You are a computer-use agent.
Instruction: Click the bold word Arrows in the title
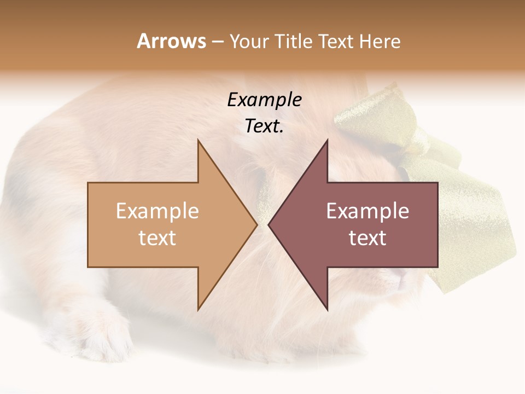click(x=172, y=41)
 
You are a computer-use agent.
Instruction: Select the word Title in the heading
click(x=295, y=42)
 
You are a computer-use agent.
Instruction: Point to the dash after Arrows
click(x=218, y=42)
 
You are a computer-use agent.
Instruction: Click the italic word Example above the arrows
click(x=265, y=100)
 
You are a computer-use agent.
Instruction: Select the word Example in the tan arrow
click(x=157, y=211)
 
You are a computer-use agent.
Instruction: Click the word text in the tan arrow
click(x=157, y=238)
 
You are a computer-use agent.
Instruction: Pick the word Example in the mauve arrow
click(x=367, y=211)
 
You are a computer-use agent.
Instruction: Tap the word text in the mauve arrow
click(x=367, y=238)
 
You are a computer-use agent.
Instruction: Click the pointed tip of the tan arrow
click(x=256, y=224)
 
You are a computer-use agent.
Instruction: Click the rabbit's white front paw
click(x=104, y=334)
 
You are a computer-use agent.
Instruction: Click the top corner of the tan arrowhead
click(x=199, y=141)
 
